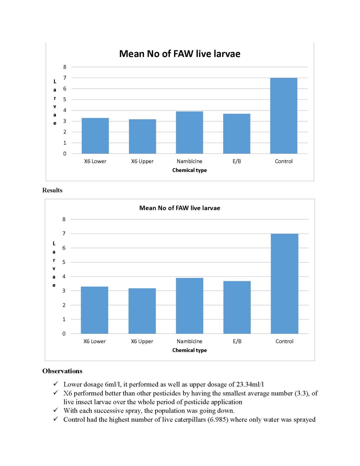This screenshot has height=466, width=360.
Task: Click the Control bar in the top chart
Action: coord(284,116)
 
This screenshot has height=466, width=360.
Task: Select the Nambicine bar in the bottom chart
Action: coord(190,306)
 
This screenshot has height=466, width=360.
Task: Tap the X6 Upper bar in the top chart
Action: coord(142,136)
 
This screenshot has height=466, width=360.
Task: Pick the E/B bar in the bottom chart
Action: coord(237,307)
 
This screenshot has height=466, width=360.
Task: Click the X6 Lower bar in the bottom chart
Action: coord(94,310)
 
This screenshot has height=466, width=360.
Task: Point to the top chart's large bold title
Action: coord(180,54)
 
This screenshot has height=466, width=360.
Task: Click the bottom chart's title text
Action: coord(180,208)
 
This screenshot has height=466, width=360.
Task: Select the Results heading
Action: coord(52,190)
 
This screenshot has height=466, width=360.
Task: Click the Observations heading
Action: coord(62,371)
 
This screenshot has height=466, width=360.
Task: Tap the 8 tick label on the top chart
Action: coord(65,67)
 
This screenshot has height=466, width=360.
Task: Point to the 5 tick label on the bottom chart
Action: coord(64,262)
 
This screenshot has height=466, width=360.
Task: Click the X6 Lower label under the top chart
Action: coord(95,161)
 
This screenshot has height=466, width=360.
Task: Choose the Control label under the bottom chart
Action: coord(284,341)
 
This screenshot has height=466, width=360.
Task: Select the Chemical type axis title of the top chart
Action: coord(189,170)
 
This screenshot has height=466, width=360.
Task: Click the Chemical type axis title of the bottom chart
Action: coord(189,350)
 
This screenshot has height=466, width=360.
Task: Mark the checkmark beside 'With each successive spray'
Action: coord(56,410)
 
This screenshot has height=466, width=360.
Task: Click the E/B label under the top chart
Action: coord(237,161)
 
